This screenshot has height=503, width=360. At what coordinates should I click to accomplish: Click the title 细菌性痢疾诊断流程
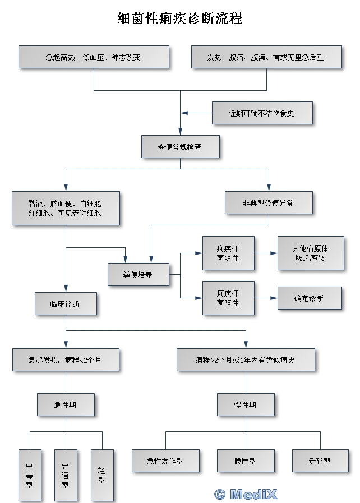click(179, 19)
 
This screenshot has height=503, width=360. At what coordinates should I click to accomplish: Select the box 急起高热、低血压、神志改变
click(94, 57)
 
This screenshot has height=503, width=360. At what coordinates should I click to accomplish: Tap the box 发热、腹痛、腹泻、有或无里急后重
click(266, 57)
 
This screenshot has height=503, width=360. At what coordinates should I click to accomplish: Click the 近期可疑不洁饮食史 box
click(261, 113)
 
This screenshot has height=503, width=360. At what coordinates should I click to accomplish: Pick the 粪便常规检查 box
click(180, 147)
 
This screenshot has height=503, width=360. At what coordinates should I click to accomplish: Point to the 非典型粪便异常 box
click(268, 203)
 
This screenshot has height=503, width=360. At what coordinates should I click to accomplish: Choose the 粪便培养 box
click(138, 275)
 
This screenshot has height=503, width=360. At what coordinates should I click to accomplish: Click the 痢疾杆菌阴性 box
click(228, 252)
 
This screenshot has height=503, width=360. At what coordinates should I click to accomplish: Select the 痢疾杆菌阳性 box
click(228, 298)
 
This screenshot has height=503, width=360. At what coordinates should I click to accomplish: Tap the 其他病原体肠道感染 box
click(310, 253)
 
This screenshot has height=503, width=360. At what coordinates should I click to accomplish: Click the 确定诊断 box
click(309, 298)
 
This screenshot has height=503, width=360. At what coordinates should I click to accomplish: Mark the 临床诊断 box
click(65, 304)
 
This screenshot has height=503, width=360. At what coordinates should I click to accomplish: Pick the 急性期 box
click(65, 404)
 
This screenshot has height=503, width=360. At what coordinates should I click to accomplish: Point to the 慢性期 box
click(246, 404)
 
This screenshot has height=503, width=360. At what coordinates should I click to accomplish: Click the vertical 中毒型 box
click(30, 474)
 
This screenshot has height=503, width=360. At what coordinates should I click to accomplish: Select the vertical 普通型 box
click(65, 474)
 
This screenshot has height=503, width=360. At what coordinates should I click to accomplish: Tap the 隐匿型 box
click(246, 461)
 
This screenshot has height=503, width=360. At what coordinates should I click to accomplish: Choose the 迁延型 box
click(320, 461)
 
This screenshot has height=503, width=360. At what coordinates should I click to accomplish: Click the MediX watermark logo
click(246, 494)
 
